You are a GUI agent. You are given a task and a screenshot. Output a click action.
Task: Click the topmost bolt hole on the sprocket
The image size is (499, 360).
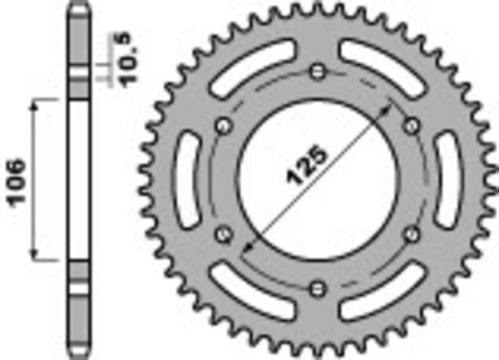[x=317, y=72]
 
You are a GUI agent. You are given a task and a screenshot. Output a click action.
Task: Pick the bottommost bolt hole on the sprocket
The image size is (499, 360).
[x=317, y=288]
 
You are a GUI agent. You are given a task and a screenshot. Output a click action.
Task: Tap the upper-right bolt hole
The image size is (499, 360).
[x=411, y=126]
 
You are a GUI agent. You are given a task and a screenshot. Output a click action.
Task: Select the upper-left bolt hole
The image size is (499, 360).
[x=223, y=126]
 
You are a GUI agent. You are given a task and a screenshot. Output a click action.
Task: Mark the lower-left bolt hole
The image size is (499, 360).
[x=223, y=234]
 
